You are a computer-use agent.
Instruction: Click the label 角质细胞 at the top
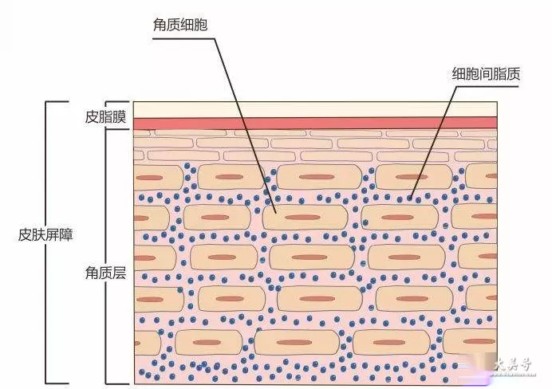tap(180, 25)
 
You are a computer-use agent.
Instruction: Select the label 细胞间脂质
tap(486, 74)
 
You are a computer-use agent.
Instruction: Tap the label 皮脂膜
tap(105, 116)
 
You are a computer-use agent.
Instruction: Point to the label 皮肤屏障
tap(45, 234)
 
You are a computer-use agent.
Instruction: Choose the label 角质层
tap(105, 273)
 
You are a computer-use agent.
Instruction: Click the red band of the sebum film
tap(315, 124)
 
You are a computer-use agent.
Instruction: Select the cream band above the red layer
tap(315, 110)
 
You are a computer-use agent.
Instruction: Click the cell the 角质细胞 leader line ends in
tap(306, 218)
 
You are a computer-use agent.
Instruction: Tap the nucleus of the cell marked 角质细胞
tap(303, 218)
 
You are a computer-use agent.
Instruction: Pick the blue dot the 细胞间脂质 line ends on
tap(409, 198)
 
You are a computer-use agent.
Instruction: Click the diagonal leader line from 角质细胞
tap(245, 125)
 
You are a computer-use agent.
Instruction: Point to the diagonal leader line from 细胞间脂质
tap(434, 141)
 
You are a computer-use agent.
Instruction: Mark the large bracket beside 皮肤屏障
tap(46, 242)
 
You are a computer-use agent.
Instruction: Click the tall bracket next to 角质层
tap(107, 257)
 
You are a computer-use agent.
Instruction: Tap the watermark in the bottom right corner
tap(513, 366)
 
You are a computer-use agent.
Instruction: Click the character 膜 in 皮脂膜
tap(119, 116)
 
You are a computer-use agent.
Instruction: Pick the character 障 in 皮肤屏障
tap(66, 234)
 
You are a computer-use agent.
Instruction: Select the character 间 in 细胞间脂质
tap(486, 74)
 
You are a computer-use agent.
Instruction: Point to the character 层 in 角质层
tap(119, 273)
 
